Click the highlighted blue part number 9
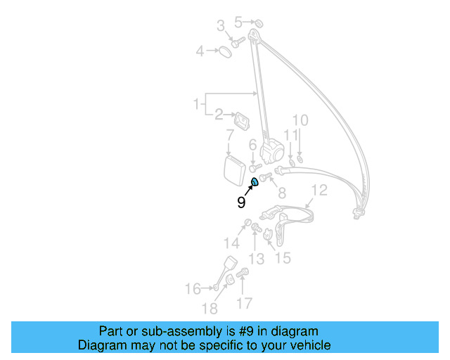pyautogui.click(x=255, y=184)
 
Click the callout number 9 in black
pyautogui.click(x=241, y=202)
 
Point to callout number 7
pyautogui.click(x=229, y=136)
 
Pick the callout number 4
pyautogui.click(x=200, y=51)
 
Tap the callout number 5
pyautogui.click(x=238, y=23)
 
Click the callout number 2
pyautogui.click(x=219, y=114)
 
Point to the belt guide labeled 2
pyautogui.click(x=242, y=120)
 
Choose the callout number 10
pyautogui.click(x=300, y=120)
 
